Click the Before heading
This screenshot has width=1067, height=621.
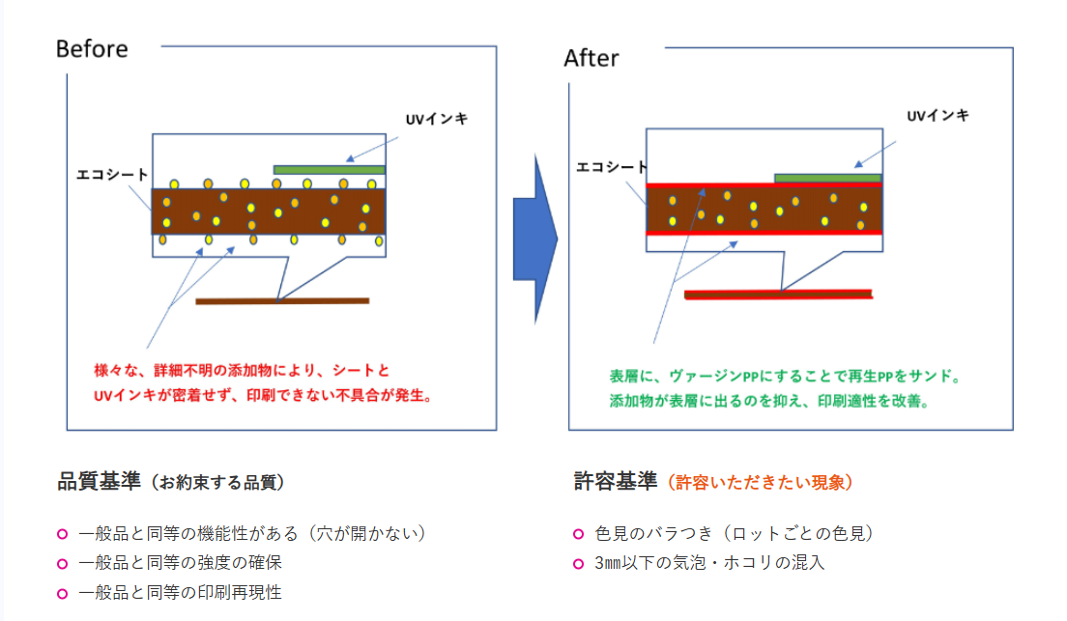click(92, 48)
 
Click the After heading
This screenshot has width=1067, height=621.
click(591, 58)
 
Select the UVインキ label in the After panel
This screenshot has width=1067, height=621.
click(937, 115)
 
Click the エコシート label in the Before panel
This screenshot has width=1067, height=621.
click(112, 175)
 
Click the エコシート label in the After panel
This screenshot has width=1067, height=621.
click(612, 166)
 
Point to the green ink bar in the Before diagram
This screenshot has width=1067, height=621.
click(329, 169)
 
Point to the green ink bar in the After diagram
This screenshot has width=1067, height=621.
click(827, 178)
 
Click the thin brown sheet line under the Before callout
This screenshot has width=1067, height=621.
click(282, 300)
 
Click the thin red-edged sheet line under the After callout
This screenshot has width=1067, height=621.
click(778, 294)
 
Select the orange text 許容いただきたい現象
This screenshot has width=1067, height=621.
click(763, 482)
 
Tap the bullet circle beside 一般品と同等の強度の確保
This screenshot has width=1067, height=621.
click(62, 563)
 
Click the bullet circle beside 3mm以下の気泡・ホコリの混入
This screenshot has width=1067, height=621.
click(578, 563)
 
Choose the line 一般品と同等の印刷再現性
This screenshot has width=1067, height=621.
click(180, 592)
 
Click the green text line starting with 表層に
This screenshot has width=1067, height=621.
click(784, 376)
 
